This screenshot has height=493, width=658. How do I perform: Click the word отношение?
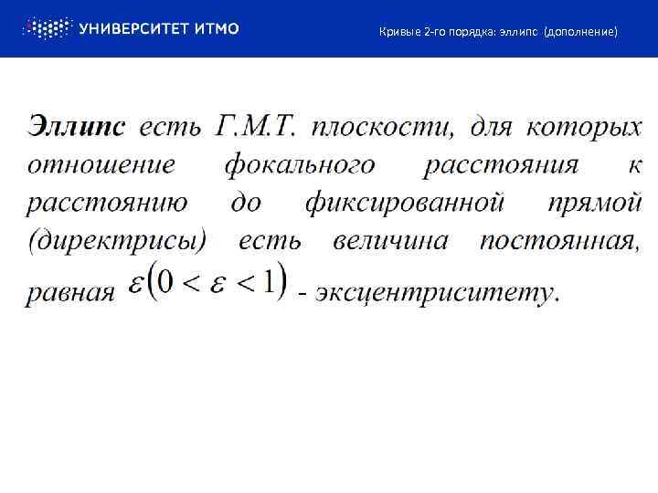click(101, 164)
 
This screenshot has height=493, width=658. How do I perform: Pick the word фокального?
click(299, 164)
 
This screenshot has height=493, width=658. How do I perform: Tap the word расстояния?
click(502, 164)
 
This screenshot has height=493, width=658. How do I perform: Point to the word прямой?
click(595, 203)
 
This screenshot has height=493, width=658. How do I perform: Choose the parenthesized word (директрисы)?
click(118, 241)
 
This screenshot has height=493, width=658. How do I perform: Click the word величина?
click(390, 241)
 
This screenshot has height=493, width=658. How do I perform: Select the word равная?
click(71, 293)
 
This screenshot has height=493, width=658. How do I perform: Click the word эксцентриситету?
click(437, 293)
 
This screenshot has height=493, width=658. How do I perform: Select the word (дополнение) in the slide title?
click(581, 32)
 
